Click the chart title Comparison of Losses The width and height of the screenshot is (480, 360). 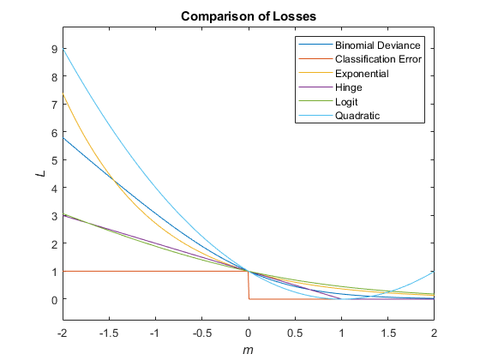click(x=249, y=17)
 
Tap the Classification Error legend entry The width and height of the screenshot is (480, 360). click(x=381, y=59)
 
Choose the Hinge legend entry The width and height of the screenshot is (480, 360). click(x=350, y=87)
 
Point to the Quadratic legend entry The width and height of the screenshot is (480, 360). click(x=357, y=117)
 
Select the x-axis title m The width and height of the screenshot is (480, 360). click(x=249, y=351)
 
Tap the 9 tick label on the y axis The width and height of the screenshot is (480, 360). click(x=53, y=49)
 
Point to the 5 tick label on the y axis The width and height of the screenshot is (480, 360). click(x=53, y=160)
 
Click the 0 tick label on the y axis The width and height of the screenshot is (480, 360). click(x=53, y=299)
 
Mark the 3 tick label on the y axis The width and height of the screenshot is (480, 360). click(x=53, y=216)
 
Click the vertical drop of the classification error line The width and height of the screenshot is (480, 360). click(x=249, y=285)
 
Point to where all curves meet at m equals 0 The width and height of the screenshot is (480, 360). click(x=249, y=271)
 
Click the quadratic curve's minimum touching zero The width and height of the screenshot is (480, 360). click(x=341, y=299)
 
